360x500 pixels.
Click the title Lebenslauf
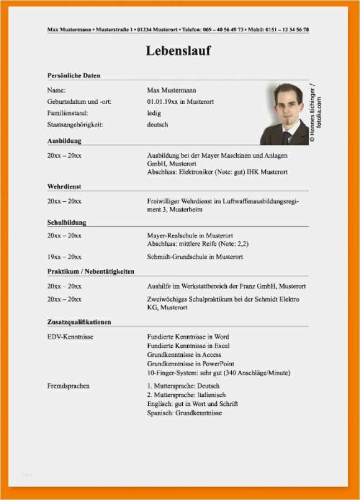tap(178, 51)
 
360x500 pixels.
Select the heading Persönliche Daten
tap(74, 75)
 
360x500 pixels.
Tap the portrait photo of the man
tap(284, 114)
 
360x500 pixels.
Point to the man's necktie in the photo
tap(286, 137)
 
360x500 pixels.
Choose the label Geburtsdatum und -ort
tap(75, 101)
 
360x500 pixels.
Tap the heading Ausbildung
tap(64, 141)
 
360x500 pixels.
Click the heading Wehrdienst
tap(64, 187)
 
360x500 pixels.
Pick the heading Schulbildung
tap(67, 222)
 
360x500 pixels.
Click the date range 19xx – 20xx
tap(64, 257)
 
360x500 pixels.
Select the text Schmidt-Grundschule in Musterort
tap(195, 257)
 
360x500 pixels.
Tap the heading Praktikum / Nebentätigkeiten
tap(90, 271)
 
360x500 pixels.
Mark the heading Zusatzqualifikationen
tap(79, 322)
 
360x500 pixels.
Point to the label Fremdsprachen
tap(69, 386)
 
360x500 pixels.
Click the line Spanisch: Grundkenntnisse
tap(184, 413)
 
